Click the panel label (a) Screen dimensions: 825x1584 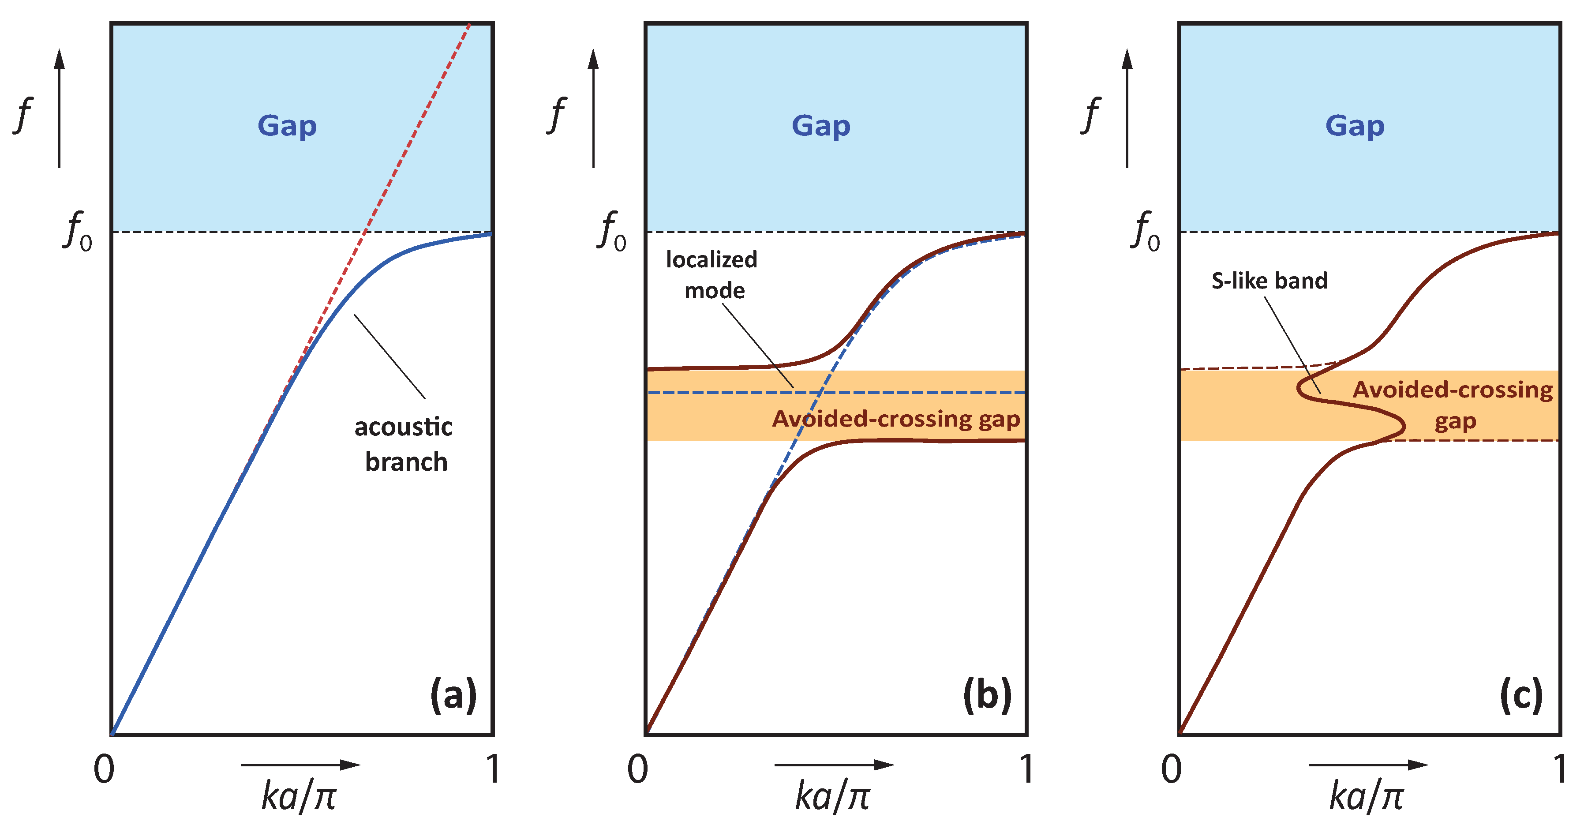[453, 696]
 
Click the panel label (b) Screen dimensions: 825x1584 [987, 696]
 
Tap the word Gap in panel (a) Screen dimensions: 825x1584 [287, 127]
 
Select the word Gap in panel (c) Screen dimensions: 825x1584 [1355, 127]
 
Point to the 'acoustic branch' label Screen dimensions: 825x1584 [404, 443]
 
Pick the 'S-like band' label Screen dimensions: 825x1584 [1269, 281]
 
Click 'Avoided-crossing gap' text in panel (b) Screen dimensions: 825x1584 [896, 419]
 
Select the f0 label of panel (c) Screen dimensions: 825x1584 [1146, 231]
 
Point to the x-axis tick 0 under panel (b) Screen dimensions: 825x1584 [638, 769]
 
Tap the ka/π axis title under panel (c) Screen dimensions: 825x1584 [1367, 796]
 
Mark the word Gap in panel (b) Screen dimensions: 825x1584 [821, 127]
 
